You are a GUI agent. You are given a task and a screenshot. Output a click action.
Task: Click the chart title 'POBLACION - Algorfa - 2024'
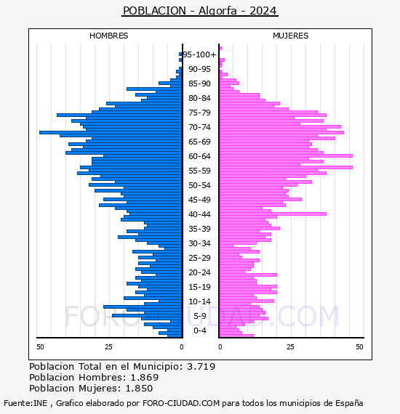pyautogui.click(x=200, y=11)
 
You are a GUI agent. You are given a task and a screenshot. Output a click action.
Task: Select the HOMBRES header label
pyautogui.click(x=108, y=36)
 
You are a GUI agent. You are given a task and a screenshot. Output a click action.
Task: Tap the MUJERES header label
pyautogui.click(x=291, y=36)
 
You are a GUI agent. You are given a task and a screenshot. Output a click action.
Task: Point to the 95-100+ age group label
pyautogui.click(x=199, y=54)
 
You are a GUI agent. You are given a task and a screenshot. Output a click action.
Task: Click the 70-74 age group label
pyautogui.click(x=199, y=127)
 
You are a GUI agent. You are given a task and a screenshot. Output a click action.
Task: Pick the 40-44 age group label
pyautogui.click(x=199, y=214)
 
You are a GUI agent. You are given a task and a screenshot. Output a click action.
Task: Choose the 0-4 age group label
pyautogui.click(x=199, y=330)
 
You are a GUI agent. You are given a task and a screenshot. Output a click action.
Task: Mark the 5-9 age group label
pyautogui.click(x=199, y=316)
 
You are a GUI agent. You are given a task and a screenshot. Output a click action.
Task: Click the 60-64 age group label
pyautogui.click(x=199, y=156)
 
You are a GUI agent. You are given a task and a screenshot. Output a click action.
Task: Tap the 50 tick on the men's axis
pyautogui.click(x=40, y=347)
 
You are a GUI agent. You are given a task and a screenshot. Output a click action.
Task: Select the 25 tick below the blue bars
pyautogui.click(x=108, y=347)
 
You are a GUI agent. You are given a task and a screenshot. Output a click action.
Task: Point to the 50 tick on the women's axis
pyautogui.click(x=359, y=347)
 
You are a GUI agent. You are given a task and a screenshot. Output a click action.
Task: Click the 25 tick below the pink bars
pyautogui.click(x=290, y=347)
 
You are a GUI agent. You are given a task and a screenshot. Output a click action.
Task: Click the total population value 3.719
pyautogui.click(x=201, y=367)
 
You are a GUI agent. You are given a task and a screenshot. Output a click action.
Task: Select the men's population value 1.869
pyautogui.click(x=145, y=377)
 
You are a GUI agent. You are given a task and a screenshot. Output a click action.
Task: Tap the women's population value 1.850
pyautogui.click(x=139, y=388)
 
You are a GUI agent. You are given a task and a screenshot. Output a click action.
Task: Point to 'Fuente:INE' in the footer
pyautogui.click(x=25, y=403)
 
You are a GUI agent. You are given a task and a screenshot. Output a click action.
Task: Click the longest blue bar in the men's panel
pyautogui.click(x=111, y=132)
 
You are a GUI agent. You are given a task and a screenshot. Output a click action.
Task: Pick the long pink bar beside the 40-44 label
pyautogui.click(x=273, y=214)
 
